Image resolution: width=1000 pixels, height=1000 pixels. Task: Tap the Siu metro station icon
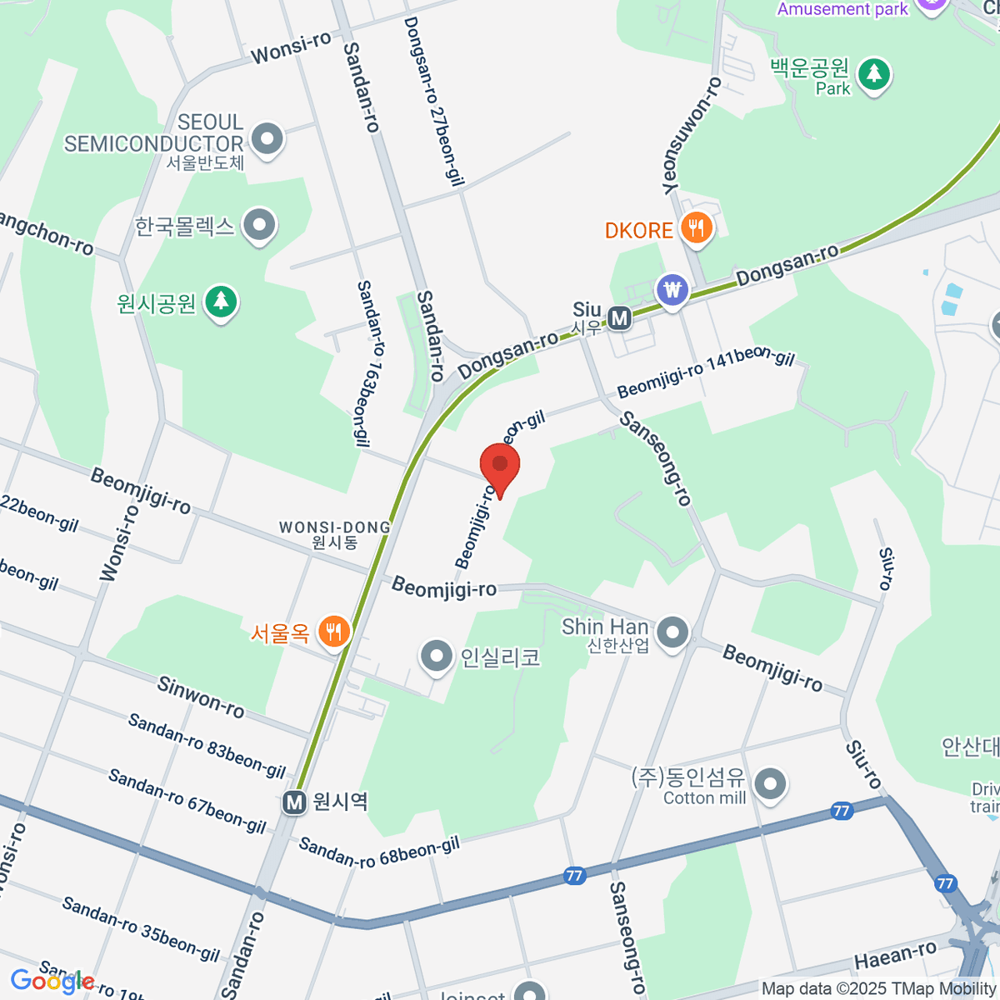click(x=618, y=317)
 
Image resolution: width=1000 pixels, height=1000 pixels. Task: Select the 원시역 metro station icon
click(x=293, y=802)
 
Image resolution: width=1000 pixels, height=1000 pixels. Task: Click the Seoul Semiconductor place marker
click(x=267, y=140)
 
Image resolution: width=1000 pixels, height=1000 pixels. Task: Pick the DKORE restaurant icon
click(x=696, y=229)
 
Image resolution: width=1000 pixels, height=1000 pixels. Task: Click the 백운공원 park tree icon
click(x=873, y=75)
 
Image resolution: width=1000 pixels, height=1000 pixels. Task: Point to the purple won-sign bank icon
click(x=672, y=291)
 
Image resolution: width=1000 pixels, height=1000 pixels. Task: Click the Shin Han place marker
click(x=672, y=633)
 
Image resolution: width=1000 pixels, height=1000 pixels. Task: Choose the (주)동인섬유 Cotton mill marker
click(x=770, y=784)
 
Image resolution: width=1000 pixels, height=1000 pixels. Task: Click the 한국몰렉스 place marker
click(x=260, y=225)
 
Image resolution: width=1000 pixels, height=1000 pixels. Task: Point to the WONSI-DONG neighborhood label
click(x=335, y=534)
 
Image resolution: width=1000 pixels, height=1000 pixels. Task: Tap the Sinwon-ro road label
click(x=201, y=697)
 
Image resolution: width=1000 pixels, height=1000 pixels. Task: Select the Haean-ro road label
click(x=895, y=955)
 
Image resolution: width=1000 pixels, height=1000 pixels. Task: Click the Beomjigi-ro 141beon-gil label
click(x=706, y=374)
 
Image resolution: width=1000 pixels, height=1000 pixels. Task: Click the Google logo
click(x=52, y=982)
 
